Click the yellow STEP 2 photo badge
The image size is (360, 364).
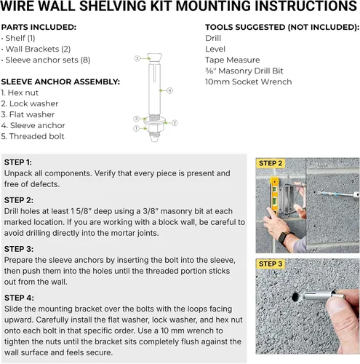coord(271,163)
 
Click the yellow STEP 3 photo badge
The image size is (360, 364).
coord(271,264)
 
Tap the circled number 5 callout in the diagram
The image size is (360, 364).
coord(137,58)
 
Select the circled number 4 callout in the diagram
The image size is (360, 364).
coord(169,90)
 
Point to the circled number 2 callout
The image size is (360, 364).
coord(175,123)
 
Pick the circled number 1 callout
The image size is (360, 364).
coord(136,128)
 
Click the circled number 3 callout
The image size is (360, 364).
coord(136,119)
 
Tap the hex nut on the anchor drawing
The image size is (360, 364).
coord(155,128)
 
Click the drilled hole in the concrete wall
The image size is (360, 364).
coord(295,296)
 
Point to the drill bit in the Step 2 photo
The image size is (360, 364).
coord(335,194)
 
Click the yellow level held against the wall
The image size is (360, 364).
coord(274,197)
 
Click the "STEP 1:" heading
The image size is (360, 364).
coord(18,162)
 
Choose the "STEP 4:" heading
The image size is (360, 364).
coord(19,298)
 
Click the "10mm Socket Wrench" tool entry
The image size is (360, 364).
coord(249,82)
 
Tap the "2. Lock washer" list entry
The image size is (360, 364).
coord(30,103)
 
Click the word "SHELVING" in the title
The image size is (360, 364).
coord(113,6)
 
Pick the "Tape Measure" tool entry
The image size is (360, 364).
coord(233,60)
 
